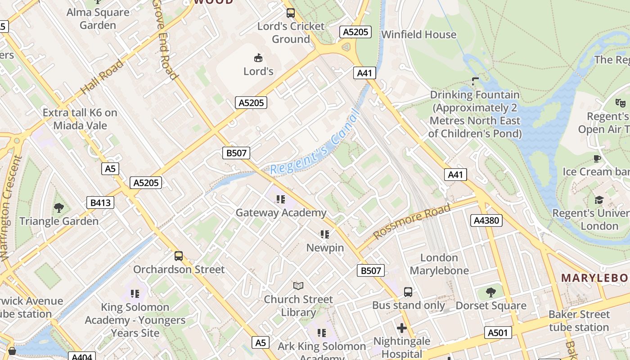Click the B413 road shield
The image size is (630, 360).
tap(100, 202)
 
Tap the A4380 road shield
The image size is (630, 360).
tap(486, 220)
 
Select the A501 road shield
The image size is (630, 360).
tap(498, 333)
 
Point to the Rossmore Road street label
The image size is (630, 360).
tap(411, 221)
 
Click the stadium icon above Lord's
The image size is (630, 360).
tap(258, 58)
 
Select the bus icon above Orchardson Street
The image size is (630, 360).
tap(179, 256)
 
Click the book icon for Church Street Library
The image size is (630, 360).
tap(298, 286)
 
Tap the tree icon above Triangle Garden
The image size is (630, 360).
tap(58, 207)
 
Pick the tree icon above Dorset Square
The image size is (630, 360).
tap(490, 292)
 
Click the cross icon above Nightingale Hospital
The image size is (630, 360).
tap(402, 328)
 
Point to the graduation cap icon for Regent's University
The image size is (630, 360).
tap(599, 200)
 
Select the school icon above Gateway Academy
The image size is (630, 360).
tap(281, 199)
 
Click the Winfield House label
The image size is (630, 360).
tap(418, 35)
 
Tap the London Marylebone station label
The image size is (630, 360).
tap(439, 264)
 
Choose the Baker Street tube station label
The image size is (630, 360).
tap(579, 320)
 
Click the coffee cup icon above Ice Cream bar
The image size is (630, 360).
tap(597, 158)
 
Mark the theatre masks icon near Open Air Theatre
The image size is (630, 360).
tap(621, 103)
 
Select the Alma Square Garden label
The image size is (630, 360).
tap(98, 18)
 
